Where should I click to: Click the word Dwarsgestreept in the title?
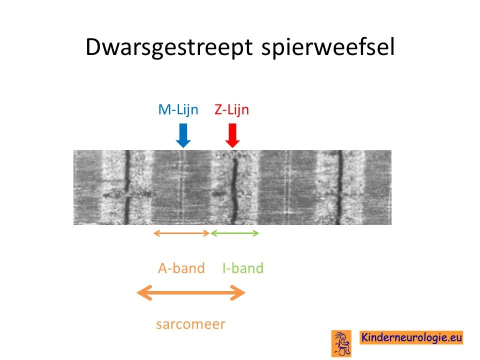click(169, 47)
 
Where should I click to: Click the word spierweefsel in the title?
click(328, 47)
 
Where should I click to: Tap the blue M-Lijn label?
click(178, 109)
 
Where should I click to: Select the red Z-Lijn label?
click(231, 109)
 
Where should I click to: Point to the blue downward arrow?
click(183, 135)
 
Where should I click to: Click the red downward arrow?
click(232, 135)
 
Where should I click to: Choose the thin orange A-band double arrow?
click(181, 233)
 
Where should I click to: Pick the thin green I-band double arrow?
click(235, 233)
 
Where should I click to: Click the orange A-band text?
click(181, 268)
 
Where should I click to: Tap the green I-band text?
click(243, 268)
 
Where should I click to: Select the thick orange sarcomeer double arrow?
click(191, 292)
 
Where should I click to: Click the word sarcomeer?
click(190, 324)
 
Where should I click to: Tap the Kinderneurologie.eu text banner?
click(411, 337)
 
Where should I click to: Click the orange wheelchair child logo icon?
click(341, 343)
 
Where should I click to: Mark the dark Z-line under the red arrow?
click(234, 190)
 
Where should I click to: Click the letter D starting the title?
click(93, 47)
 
